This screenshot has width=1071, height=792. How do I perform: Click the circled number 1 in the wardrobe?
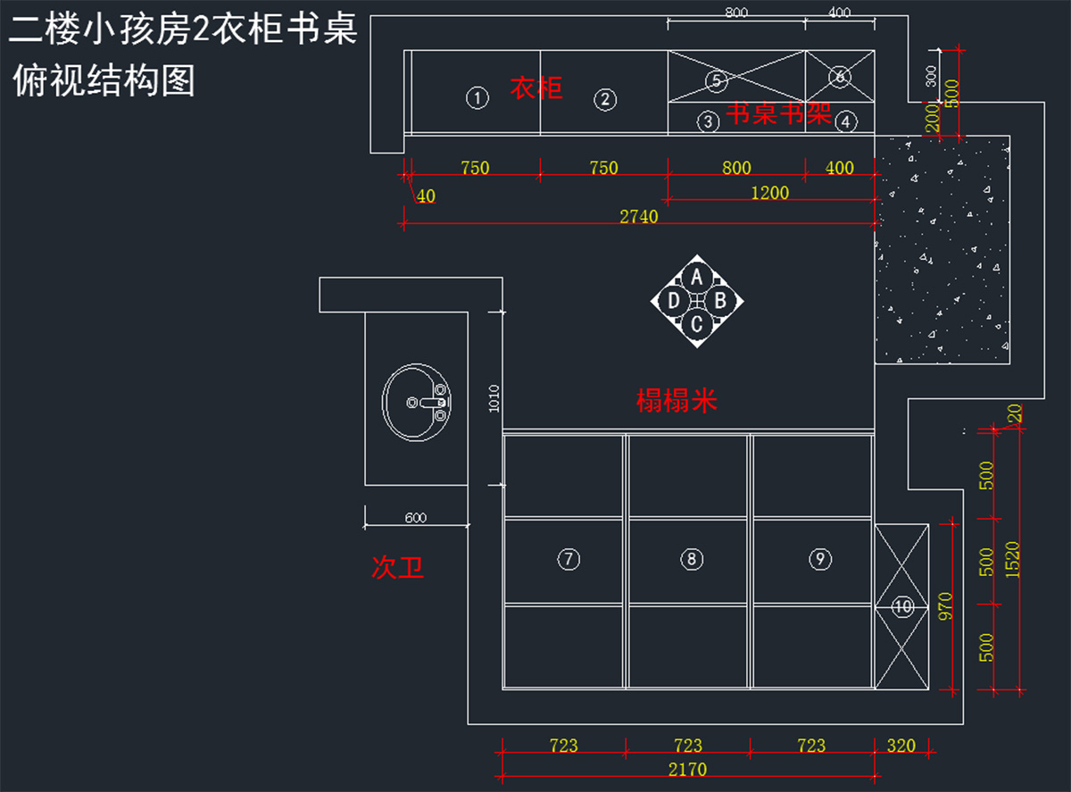(478, 98)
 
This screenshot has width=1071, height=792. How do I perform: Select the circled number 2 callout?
(605, 99)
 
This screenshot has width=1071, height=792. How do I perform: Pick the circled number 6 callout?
(840, 77)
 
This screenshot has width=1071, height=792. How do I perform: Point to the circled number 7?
(569, 559)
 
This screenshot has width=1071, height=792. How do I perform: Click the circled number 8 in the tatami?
(692, 559)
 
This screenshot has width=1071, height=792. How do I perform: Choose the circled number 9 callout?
(820, 559)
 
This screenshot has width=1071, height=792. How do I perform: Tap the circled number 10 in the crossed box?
(903, 607)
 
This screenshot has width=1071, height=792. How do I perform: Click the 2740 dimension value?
(639, 216)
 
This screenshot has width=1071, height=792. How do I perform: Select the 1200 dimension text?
(770, 192)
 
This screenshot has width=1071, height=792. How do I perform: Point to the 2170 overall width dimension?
(686, 769)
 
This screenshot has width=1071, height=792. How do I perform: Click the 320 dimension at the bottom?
(901, 746)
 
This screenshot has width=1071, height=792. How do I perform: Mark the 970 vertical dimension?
(946, 605)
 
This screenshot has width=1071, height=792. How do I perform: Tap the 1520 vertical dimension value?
(1012, 559)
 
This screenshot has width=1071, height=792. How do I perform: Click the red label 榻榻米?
(677, 402)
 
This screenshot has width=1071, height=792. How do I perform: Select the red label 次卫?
(397, 568)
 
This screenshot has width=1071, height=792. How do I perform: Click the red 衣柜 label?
(536, 88)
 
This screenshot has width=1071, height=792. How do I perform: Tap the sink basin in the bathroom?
(417, 403)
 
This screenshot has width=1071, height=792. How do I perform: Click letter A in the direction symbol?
(697, 276)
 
